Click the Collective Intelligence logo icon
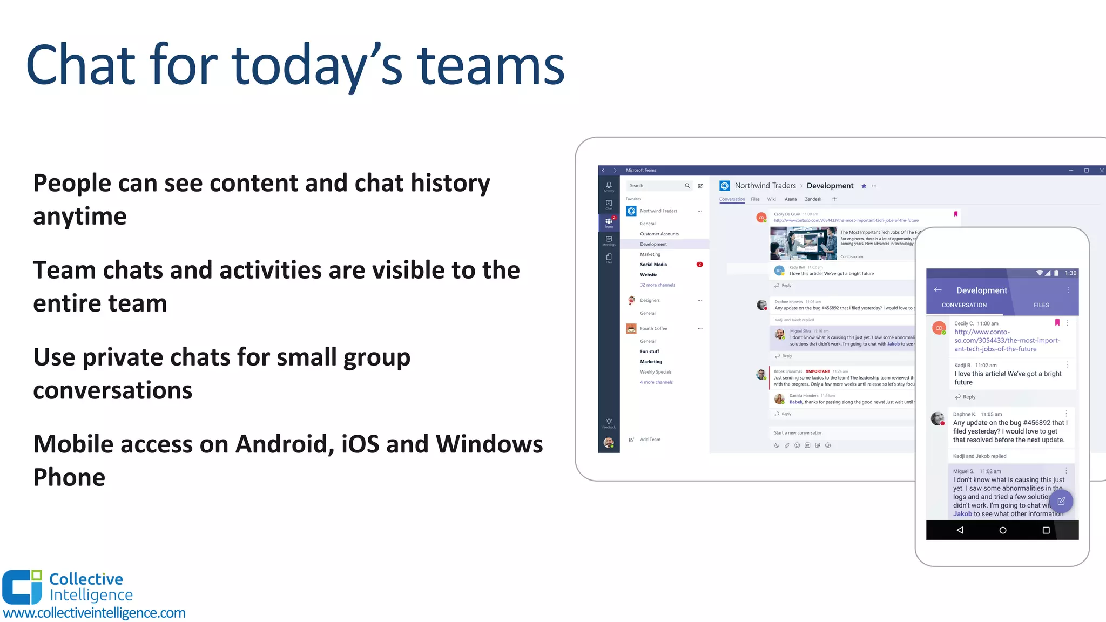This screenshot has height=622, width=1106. [22, 587]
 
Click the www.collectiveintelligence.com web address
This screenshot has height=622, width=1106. [94, 613]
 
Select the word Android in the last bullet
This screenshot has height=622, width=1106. [285, 444]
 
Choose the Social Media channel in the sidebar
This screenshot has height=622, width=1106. [653, 265]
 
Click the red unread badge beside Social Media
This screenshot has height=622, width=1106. [699, 265]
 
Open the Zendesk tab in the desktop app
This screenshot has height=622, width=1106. [813, 199]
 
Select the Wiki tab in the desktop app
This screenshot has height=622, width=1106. [771, 199]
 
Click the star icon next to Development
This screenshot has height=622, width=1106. [864, 186]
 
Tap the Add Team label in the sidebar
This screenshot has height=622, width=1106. [650, 440]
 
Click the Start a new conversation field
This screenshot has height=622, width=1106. [798, 433]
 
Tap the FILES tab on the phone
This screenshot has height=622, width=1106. [1041, 305]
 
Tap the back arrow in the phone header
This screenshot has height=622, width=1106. [938, 290]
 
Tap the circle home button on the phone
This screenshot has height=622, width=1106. [1003, 530]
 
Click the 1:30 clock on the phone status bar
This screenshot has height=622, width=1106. [1070, 273]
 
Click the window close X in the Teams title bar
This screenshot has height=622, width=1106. [1102, 171]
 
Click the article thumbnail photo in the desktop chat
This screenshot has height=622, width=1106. [803, 243]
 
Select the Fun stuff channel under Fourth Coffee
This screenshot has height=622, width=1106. [650, 351]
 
